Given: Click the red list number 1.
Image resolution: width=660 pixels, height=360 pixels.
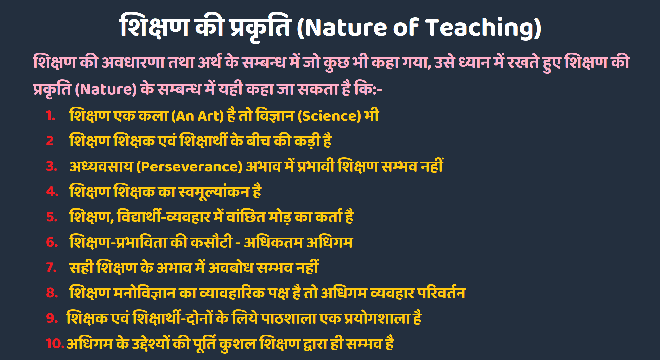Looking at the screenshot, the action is click(x=50, y=116).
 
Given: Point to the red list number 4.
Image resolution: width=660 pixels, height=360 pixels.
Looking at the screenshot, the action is click(x=52, y=192).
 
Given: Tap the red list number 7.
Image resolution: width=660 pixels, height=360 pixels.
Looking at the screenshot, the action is click(x=52, y=267).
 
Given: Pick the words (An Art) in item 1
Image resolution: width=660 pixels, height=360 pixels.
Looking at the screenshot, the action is click(x=197, y=116).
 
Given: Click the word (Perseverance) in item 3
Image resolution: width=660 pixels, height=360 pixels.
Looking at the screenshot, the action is click(x=189, y=167).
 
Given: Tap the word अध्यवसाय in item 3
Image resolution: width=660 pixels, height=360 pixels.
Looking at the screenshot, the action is click(x=101, y=166).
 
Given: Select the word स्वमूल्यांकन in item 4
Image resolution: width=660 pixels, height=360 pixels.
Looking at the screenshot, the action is click(x=214, y=192).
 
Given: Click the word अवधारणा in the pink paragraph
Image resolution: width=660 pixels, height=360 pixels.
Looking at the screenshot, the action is click(x=133, y=62).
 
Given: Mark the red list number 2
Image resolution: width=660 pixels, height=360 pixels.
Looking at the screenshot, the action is click(x=50, y=141).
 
